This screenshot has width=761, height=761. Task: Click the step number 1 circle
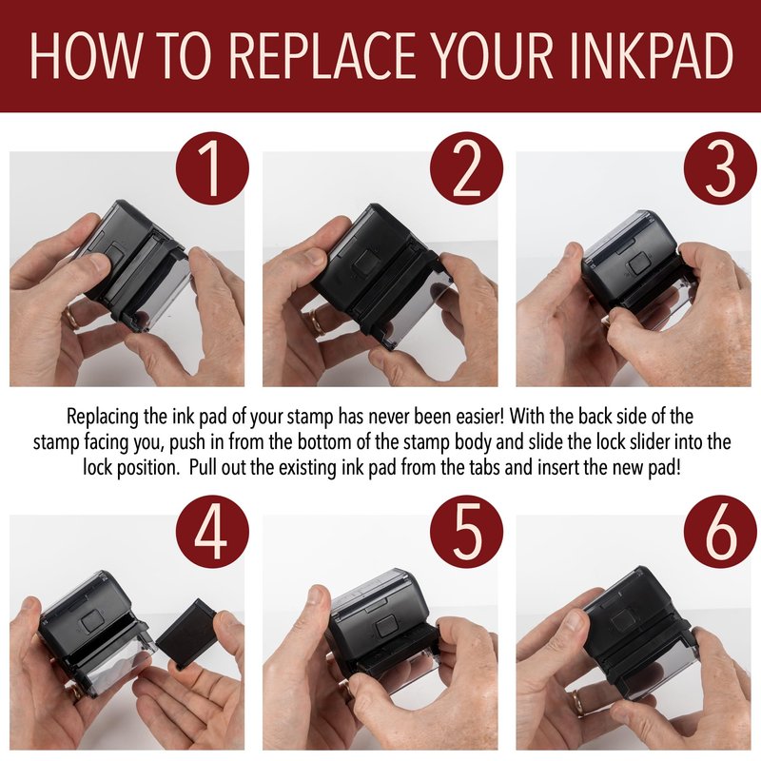click(x=212, y=169)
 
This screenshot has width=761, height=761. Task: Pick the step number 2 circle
click(x=466, y=169)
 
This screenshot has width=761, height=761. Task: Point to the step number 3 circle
click(x=720, y=169)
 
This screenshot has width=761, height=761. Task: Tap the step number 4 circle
click(x=212, y=532)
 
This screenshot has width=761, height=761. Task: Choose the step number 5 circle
click(x=466, y=532)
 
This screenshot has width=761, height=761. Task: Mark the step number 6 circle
click(x=720, y=532)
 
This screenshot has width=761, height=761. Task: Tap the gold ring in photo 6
click(x=577, y=702)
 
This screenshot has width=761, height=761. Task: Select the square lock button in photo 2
click(x=366, y=262)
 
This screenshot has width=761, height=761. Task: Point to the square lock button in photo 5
click(x=385, y=627)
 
